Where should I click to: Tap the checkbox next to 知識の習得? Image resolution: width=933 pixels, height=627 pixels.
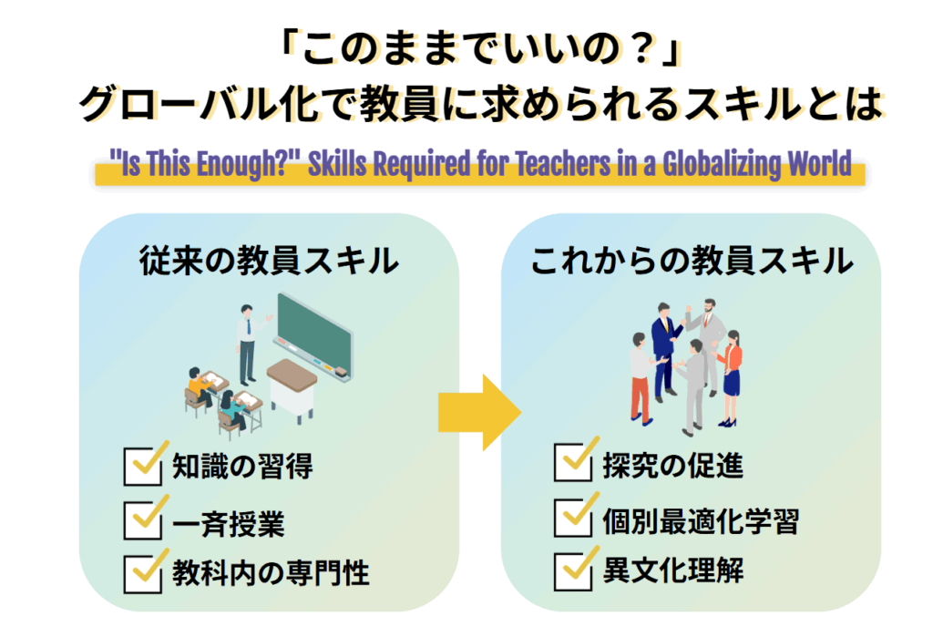(141, 468)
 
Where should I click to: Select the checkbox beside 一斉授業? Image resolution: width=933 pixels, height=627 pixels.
(141, 521)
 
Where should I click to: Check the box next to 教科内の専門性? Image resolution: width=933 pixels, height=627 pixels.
(141, 573)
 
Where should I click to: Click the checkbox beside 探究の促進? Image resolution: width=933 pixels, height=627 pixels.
(571, 464)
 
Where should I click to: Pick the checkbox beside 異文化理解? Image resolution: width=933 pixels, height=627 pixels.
(571, 571)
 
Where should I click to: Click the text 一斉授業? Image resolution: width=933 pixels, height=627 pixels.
(228, 522)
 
